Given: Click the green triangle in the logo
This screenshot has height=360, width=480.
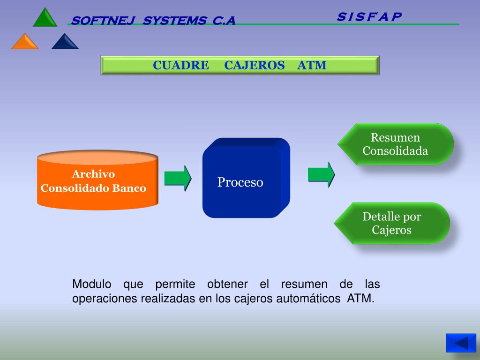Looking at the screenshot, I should (45, 18).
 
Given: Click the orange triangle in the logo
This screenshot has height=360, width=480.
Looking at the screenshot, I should (25, 42).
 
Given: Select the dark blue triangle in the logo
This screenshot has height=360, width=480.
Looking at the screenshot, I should (65, 42).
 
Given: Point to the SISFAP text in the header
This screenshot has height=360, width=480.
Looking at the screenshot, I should (369, 17).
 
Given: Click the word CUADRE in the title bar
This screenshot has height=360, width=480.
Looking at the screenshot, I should (180, 65).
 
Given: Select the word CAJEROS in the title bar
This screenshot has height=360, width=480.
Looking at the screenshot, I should (254, 65).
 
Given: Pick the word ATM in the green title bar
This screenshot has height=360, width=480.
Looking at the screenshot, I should (312, 65).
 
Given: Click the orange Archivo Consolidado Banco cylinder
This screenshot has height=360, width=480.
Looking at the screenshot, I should (97, 181).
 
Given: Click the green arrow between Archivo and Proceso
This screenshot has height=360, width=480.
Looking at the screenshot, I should (177, 178).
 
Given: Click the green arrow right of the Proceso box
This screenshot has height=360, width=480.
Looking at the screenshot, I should (321, 174).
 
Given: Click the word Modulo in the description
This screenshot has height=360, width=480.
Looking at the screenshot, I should (92, 284).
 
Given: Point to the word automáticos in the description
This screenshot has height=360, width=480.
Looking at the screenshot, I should (308, 299).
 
